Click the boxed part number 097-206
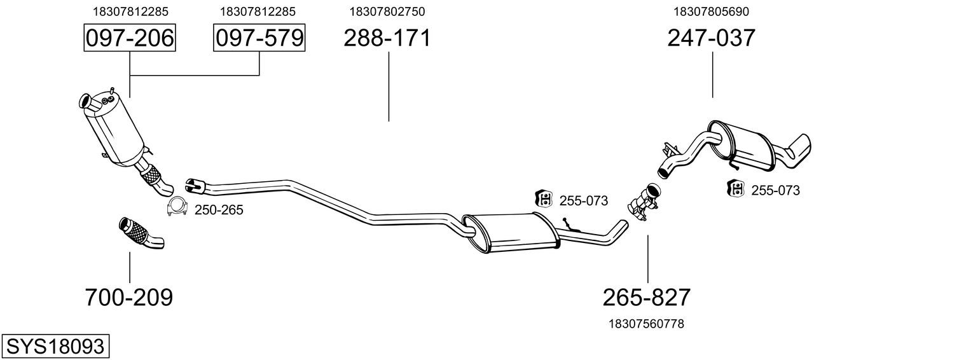(x=130, y=38)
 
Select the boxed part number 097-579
(x=258, y=38)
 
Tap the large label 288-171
(x=387, y=38)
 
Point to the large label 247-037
(x=711, y=38)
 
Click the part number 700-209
(x=129, y=297)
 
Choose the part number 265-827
(x=647, y=297)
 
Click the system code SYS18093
(x=55, y=347)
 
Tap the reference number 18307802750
(x=387, y=11)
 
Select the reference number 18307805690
(x=711, y=11)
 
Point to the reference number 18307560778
(x=647, y=324)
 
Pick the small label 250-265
(x=219, y=210)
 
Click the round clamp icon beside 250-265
(x=176, y=207)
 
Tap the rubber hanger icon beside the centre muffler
(x=544, y=199)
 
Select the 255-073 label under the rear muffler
(x=775, y=190)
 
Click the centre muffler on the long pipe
(x=511, y=232)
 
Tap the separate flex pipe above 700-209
(x=140, y=233)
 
